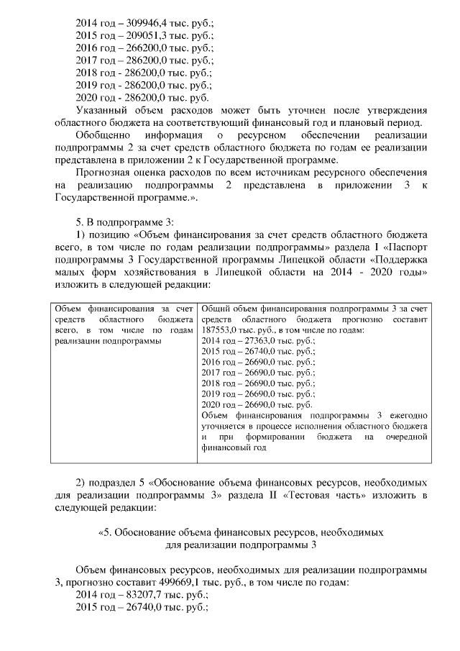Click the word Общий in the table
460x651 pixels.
click(215, 309)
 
